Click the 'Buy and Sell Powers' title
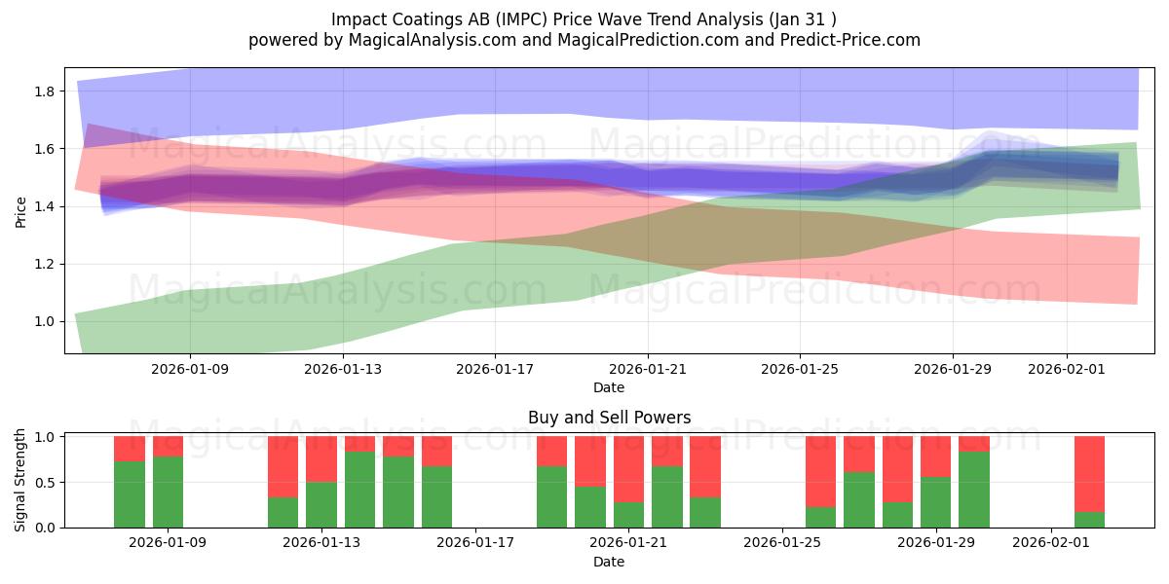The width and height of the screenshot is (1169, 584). tap(609, 418)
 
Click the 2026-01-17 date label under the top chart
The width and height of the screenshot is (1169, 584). tap(495, 369)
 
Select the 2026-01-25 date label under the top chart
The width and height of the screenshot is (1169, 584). tap(800, 369)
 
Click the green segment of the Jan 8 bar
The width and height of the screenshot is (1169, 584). tap(130, 494)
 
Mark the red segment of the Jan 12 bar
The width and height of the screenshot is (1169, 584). tap(283, 466)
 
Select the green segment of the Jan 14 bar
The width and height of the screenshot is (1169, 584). tap(359, 490)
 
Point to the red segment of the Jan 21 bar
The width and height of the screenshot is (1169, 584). tap(628, 469)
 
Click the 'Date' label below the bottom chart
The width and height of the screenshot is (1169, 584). tap(609, 562)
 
